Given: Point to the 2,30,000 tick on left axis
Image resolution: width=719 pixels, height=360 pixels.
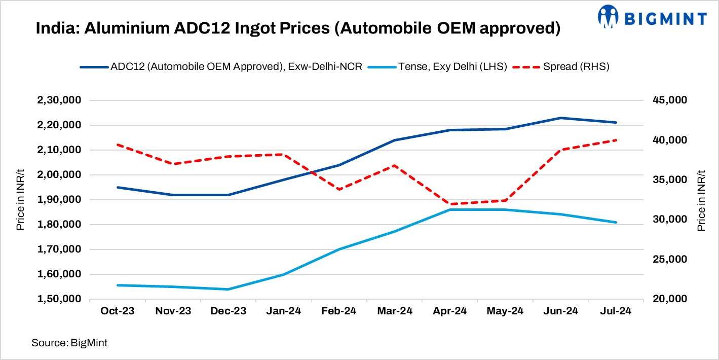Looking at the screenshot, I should [60, 100].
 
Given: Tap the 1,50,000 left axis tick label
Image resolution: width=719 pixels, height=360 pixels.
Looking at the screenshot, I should [60, 299].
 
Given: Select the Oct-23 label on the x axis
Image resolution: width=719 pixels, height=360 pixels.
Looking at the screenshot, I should [118, 311].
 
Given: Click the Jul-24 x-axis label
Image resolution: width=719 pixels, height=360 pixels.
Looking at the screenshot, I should [616, 311].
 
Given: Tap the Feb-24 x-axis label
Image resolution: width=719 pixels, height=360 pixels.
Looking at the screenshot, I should [338, 311].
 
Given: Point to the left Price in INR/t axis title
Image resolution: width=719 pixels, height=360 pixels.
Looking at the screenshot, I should [21, 200].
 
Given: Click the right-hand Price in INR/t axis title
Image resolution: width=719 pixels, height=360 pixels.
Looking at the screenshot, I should [701, 200].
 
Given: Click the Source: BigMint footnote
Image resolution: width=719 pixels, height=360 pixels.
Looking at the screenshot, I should [69, 343].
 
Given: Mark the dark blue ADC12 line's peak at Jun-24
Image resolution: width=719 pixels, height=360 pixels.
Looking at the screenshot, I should [560, 118].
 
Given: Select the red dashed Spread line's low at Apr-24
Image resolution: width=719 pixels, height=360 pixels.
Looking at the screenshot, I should [450, 204].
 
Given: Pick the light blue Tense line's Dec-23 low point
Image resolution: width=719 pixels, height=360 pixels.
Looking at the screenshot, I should [229, 290].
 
